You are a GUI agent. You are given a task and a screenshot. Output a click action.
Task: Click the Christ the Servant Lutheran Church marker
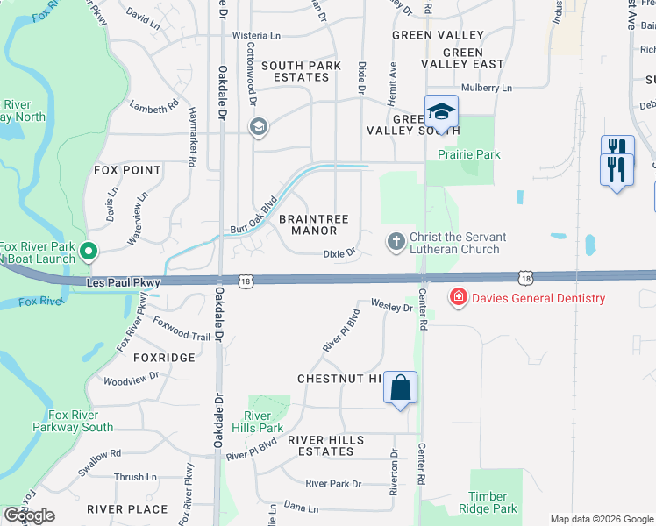pos(396,240)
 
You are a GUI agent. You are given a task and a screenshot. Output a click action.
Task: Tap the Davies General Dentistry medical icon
pos(457,298)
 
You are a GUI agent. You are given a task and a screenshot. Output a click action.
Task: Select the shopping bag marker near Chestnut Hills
pos(400,387)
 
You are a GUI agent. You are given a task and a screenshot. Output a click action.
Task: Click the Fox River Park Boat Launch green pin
pos(88,252)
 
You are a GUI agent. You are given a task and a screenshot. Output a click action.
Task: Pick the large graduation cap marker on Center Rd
pos(441,112)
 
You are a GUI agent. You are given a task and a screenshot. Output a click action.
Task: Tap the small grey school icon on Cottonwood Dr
pos(258,129)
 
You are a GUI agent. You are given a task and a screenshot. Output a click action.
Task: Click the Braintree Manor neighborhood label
pos(314,224)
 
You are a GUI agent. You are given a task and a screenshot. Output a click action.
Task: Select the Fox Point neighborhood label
pos(128,170)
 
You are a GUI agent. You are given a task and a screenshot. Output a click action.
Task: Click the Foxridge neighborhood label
pos(164,358)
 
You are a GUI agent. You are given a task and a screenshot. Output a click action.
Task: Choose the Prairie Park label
pos(469,154)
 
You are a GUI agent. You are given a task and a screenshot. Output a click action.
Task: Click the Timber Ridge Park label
pos(494,502)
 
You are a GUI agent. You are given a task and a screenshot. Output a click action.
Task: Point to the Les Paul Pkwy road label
pos(124,283)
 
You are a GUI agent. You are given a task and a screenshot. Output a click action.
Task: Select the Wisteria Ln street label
pos(256,36)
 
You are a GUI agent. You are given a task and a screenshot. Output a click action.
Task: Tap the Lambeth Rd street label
pos(148,108)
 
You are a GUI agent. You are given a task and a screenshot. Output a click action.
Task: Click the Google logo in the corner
pos(30,515)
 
